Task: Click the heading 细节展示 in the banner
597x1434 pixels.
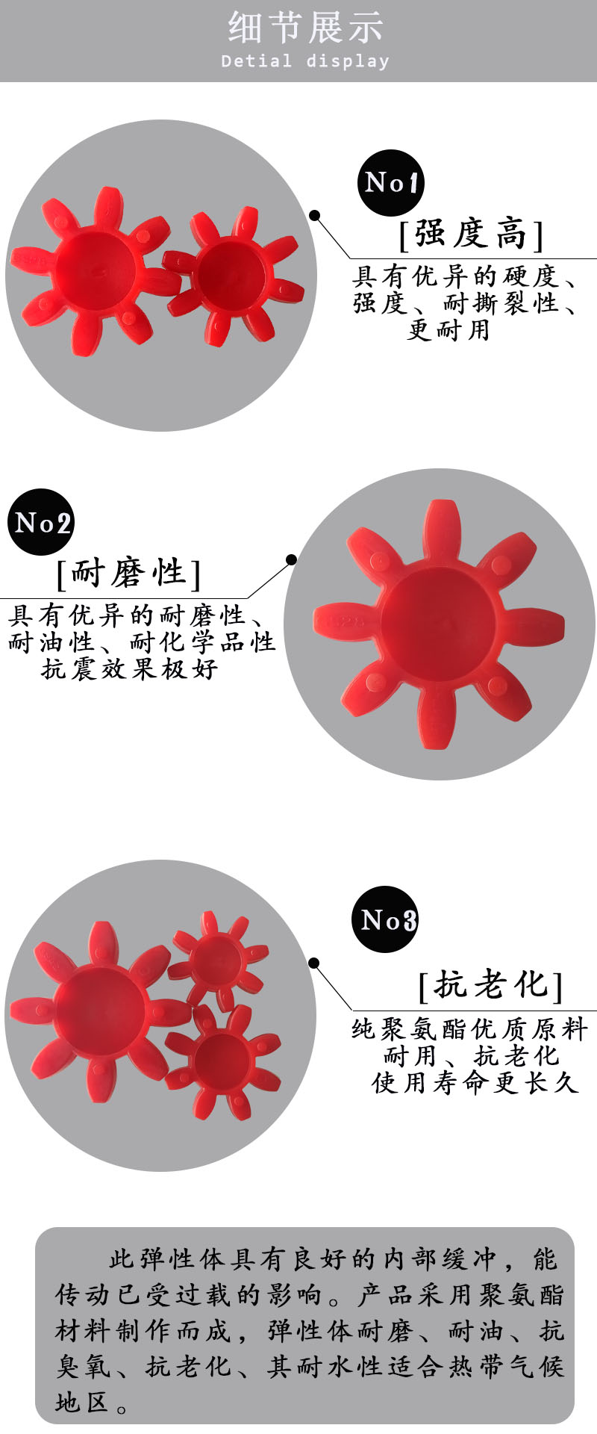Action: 306,27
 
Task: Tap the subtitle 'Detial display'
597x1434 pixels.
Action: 305,61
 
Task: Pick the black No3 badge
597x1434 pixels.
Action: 385,919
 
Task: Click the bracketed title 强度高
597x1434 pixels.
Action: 471,234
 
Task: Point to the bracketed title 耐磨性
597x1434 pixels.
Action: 128,573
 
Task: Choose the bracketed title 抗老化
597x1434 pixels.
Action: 490,984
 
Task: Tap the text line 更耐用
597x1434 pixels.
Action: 448,329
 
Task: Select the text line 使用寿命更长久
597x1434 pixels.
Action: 475,1082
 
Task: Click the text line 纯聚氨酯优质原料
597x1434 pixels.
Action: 470,1029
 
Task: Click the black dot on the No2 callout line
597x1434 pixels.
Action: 291,559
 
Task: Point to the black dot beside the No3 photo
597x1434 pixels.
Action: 314,963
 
